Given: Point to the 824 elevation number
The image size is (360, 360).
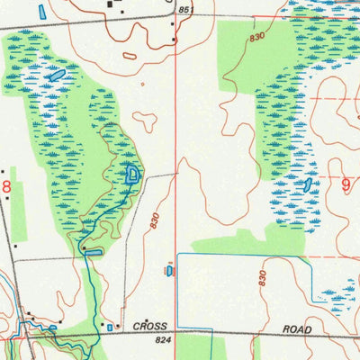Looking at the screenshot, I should coord(163,342).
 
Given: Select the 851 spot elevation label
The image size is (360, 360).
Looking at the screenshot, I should coord(185,10).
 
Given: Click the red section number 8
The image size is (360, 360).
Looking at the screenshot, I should coord(7,185).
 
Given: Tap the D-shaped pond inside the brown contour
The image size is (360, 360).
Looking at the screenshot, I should coord(132,175).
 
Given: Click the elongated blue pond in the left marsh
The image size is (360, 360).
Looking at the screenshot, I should coord(57,76).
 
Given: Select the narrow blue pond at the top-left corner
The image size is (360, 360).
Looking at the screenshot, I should coord(42,12).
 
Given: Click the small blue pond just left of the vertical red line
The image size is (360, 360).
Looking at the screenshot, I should coord(168,269).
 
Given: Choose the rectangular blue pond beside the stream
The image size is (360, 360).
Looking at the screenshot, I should coord(93,253).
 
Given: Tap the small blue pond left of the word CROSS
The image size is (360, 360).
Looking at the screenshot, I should coord(110,328).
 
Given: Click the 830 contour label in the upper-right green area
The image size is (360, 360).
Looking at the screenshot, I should coord(258,37).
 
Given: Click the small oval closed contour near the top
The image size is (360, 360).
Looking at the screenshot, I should coord(130,57).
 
